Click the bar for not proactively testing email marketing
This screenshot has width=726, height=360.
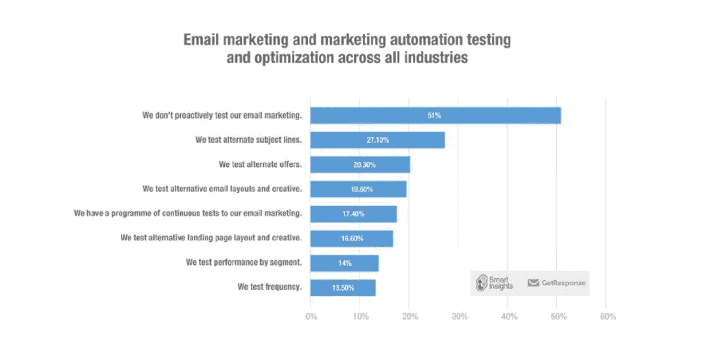(x=435, y=115)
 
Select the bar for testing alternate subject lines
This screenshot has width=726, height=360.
(x=377, y=140)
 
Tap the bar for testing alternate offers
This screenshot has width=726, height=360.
(x=360, y=164)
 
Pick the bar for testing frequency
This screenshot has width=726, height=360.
(x=343, y=288)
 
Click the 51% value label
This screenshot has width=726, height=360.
(x=434, y=115)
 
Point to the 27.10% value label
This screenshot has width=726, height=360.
(x=377, y=140)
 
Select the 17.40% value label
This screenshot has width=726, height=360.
(x=353, y=214)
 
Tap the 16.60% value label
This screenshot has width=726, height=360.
(x=352, y=239)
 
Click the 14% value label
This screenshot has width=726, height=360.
(x=345, y=263)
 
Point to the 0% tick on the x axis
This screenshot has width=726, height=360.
(x=311, y=317)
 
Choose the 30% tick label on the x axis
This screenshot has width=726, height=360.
(x=459, y=317)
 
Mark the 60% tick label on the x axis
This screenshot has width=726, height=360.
(x=608, y=317)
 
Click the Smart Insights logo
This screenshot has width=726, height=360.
(x=494, y=283)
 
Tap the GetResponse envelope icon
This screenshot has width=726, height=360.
(x=534, y=283)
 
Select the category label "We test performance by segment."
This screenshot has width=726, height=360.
(x=243, y=262)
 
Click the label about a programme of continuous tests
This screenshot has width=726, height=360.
(x=187, y=213)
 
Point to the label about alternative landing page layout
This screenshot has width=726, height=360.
(x=211, y=237)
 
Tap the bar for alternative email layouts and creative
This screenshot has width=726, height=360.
(x=358, y=189)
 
